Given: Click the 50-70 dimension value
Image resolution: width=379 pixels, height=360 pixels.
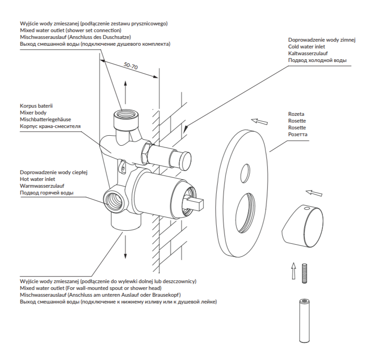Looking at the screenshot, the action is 131,66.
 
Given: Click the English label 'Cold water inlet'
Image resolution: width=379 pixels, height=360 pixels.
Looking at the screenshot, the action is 306,47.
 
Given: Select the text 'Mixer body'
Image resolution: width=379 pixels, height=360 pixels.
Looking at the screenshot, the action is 33,113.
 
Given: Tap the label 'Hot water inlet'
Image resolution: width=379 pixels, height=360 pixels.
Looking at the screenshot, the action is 37,179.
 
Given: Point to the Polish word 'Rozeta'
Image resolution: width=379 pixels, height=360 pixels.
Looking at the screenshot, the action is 296,114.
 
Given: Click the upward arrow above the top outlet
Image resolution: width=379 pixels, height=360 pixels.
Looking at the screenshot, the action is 125,92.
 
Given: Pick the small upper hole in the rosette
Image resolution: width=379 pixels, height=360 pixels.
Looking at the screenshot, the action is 245,173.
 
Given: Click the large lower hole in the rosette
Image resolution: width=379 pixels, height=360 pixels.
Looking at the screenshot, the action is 245,213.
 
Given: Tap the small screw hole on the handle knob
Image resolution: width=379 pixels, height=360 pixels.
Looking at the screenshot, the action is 307,208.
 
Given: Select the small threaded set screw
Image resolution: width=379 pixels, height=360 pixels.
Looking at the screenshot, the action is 304,273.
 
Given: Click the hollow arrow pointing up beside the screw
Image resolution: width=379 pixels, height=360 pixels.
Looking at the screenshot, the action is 294,271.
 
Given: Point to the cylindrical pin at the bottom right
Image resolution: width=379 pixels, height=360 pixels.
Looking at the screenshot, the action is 304,321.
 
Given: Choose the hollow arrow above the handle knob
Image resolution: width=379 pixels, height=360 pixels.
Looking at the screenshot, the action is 314,193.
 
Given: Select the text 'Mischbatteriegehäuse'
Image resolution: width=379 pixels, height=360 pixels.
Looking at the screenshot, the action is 46,119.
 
